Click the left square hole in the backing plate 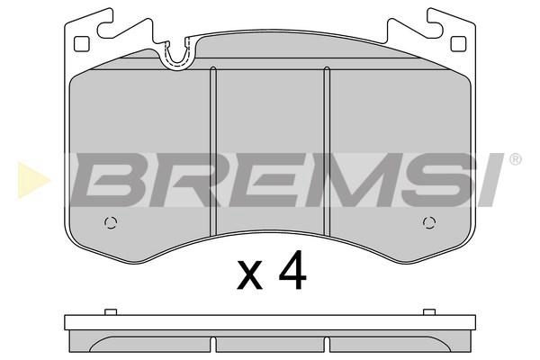click(x=82, y=44)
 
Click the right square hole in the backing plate click(x=458, y=44)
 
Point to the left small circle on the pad click(x=111, y=223)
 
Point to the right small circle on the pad click(x=429, y=223)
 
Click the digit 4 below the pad click(x=292, y=269)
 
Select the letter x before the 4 click(x=250, y=274)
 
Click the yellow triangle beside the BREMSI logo click(x=33, y=180)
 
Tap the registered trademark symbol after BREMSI click(x=515, y=160)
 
